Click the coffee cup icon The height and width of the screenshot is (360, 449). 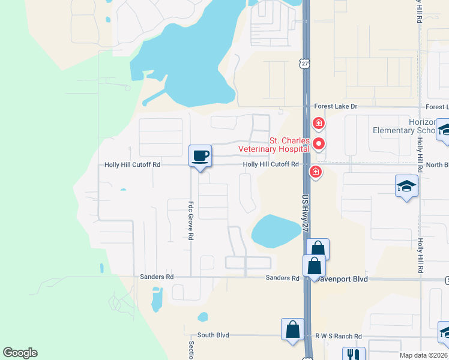(x=200, y=155)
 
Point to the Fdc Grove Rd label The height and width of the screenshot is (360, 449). (x=190, y=220)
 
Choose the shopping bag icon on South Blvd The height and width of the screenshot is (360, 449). (x=292, y=330)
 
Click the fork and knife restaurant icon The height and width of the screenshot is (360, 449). (x=354, y=355)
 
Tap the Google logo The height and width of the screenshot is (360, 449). (x=20, y=353)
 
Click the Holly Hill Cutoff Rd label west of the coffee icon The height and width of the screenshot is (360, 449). (x=132, y=164)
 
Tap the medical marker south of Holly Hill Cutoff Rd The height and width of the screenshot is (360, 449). (x=315, y=173)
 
